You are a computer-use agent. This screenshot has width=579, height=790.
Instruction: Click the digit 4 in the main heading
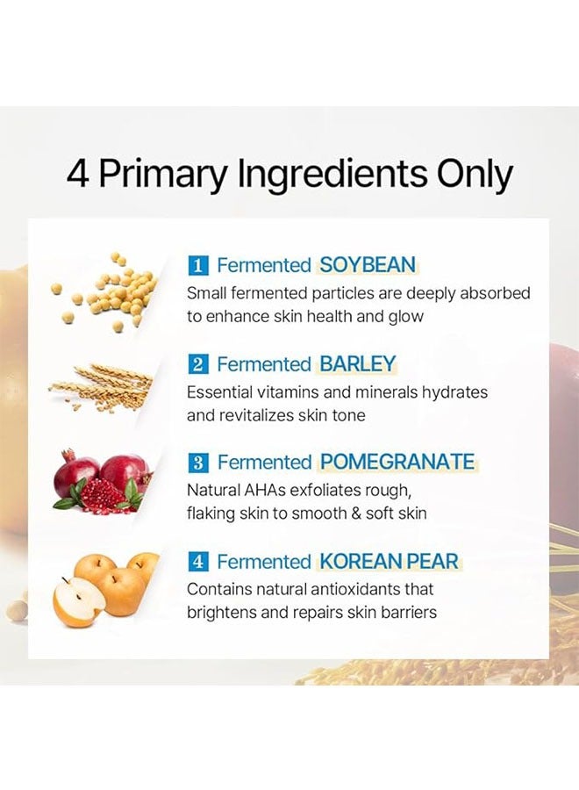click(x=78, y=175)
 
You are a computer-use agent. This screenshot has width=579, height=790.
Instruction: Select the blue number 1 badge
click(x=198, y=265)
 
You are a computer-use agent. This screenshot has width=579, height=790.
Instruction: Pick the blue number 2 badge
click(x=198, y=364)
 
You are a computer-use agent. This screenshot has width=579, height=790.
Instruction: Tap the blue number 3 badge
click(x=198, y=463)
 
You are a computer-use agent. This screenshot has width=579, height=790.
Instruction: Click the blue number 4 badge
click(x=198, y=562)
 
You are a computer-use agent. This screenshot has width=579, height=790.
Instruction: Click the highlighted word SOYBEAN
click(x=368, y=265)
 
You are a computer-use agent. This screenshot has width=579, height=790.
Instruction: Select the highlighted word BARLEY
click(x=358, y=364)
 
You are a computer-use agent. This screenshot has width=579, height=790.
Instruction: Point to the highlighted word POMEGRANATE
click(x=397, y=463)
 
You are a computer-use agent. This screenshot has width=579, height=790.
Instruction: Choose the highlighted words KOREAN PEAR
click(x=389, y=562)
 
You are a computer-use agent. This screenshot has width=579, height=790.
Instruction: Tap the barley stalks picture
click(x=104, y=387)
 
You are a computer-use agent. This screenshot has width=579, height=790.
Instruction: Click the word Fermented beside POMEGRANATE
click(x=264, y=463)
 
